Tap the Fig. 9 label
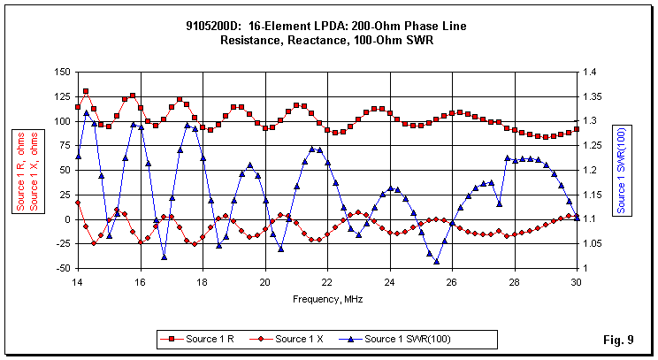coord(619,340)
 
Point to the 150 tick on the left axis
coord(61,73)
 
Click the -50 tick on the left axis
coord(61,268)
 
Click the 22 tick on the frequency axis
coord(326,281)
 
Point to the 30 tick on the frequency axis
coord(576,281)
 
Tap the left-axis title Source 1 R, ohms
coord(19,171)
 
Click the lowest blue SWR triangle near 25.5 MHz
coord(436,261)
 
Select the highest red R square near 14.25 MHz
coord(86,91)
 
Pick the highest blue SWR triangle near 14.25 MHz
coord(86,113)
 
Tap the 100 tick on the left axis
coord(61,121)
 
